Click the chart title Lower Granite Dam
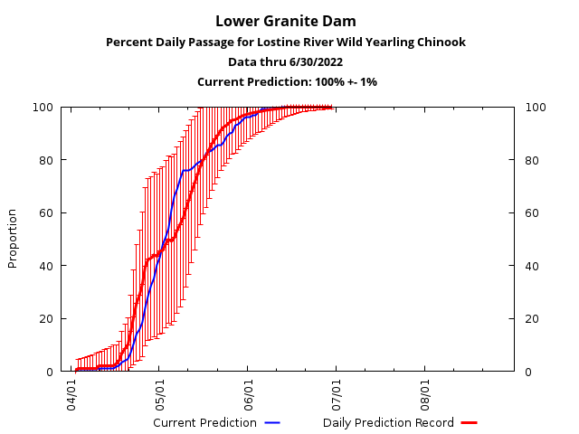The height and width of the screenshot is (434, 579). point(287,21)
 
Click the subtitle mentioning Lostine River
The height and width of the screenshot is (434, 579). point(287,42)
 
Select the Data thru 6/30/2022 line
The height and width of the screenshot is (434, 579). point(287,62)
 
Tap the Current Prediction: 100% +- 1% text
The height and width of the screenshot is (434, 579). point(287,82)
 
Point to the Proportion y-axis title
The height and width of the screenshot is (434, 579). point(13,238)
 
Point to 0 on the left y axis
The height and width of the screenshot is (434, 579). point(51,372)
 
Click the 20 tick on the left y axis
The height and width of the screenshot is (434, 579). point(47,319)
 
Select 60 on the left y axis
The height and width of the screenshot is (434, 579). point(47,213)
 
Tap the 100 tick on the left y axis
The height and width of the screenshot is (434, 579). point(44,108)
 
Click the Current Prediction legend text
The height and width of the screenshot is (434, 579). point(204,422)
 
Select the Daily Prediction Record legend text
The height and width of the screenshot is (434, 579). point(388,422)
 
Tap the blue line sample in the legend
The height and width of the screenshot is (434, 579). point(272,422)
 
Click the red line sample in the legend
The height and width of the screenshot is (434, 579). point(469,422)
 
